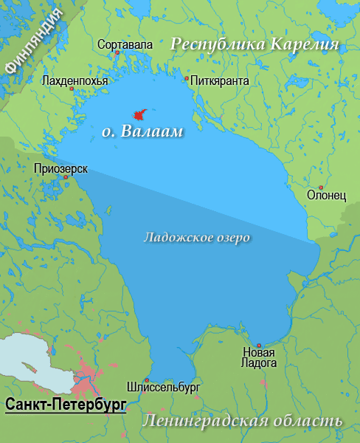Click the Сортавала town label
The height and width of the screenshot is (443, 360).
coord(125,45)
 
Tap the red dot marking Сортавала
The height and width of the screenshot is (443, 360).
coord(117,54)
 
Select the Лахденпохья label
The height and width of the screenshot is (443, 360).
coord(75,80)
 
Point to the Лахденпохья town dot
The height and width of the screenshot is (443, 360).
coord(72,89)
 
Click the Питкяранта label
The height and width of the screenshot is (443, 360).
coord(219,80)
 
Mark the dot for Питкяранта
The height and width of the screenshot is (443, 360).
coord(187,78)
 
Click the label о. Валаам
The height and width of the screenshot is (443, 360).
coord(141,133)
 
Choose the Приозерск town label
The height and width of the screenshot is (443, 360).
coord(60,168)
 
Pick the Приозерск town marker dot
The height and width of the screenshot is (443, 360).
coord(66,177)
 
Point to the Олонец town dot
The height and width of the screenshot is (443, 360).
coord(320,188)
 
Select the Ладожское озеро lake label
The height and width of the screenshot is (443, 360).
coord(196,238)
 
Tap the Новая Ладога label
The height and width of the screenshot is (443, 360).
coord(259,357)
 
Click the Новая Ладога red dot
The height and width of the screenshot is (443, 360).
coord(259,346)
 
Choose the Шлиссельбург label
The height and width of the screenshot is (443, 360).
coord(163,386)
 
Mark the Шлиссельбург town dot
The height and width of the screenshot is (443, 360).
coord(147,380)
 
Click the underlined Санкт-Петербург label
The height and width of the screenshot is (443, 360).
coord(66,405)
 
